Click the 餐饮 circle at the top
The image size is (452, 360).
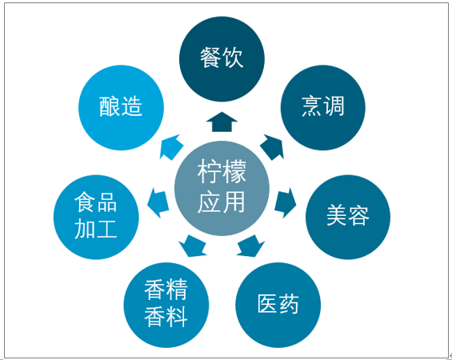pos(222,59)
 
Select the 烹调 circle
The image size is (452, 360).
pos(323,107)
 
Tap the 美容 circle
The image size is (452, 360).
pos(348,217)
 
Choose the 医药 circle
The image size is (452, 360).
pos(278,305)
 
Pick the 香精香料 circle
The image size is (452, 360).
pos(166,305)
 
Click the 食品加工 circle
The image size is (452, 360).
pos(96,217)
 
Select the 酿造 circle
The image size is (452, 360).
pos(121,107)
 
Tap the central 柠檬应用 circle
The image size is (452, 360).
pos(222,188)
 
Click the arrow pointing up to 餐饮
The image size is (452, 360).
pos(222,122)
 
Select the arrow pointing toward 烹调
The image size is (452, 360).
pos(272,146)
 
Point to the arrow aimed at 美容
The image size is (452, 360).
pos(286,202)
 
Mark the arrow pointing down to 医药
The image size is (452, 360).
pos(250,246)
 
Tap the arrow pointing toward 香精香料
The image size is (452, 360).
pos(193,246)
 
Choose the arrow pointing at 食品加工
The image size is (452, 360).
pos(158,202)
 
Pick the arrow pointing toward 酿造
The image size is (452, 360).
pos(171,146)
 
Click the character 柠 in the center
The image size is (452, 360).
pos(210,171)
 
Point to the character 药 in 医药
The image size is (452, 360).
pos(288,304)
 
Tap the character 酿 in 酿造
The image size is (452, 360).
pos(110,106)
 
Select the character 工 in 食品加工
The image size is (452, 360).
pos(107,229)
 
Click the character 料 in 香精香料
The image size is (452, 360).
pos(177,317)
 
